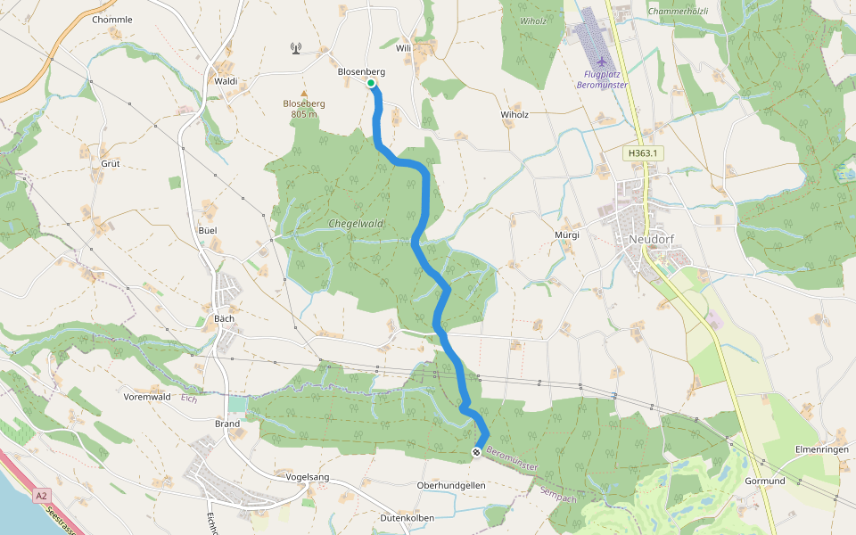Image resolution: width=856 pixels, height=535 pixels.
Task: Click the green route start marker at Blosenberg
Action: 371,83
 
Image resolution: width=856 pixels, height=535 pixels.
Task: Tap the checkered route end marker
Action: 477,453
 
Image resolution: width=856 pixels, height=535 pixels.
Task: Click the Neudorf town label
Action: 655,239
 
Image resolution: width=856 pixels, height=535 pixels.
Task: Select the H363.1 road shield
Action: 642,153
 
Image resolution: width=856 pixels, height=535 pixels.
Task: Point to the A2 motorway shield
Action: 41,494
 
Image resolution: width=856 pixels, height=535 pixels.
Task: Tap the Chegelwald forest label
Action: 355,224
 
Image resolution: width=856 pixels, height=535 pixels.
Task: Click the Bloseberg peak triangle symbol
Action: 304,93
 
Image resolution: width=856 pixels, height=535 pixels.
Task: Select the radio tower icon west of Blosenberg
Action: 295,48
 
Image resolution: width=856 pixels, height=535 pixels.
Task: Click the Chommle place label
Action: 112,19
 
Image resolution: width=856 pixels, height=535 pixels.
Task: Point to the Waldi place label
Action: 226,80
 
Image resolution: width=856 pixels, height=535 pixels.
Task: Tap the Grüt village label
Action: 111,164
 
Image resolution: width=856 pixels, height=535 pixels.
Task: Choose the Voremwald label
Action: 147,397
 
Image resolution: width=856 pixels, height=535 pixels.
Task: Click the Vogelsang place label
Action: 308,477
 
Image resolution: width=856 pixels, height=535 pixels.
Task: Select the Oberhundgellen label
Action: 451,485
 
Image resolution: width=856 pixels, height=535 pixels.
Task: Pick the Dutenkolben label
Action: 407,518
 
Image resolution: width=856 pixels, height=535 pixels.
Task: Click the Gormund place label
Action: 765,481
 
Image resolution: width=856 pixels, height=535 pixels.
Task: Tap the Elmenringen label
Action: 820,450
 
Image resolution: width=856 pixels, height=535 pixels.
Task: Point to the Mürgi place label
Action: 567,235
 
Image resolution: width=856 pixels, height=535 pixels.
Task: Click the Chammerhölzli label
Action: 680,11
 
